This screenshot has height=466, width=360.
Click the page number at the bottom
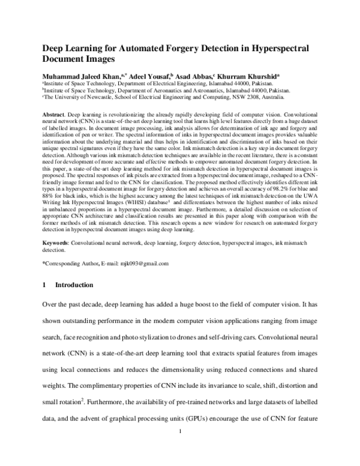pyautogui.click(x=180, y=450)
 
